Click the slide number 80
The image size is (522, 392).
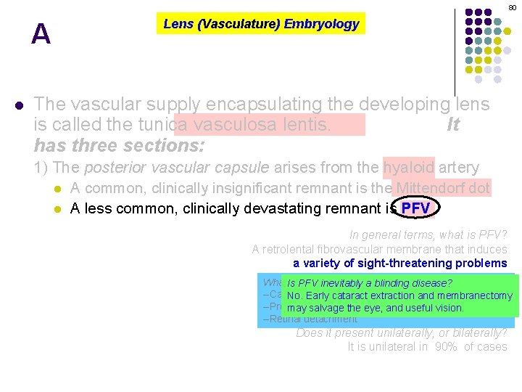pos(512,7)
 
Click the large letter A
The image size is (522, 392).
pos(41,34)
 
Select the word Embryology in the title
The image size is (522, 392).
pos(321,24)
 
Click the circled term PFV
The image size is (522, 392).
pos(415,209)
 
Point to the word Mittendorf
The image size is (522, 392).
pos(422,189)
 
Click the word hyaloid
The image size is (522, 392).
pos(409,168)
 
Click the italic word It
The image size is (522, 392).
pos(453,125)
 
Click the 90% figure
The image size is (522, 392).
pos(447,346)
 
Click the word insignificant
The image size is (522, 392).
pos(259,189)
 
